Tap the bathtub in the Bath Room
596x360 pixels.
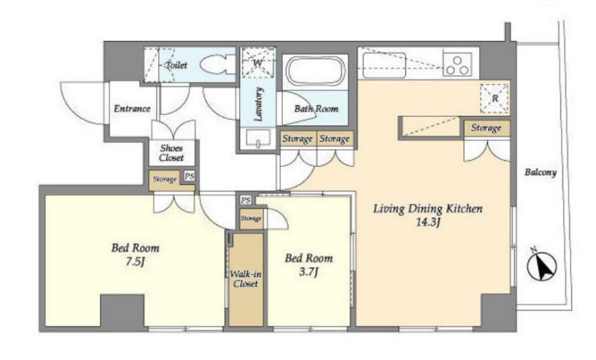[315, 72]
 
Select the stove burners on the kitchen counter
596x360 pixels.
[457, 65]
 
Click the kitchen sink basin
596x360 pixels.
[384, 66]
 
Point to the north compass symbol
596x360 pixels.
[541, 265]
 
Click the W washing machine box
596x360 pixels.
[258, 63]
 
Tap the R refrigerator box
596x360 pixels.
[495, 98]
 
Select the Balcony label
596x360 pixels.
[541, 172]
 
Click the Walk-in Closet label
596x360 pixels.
[246, 279]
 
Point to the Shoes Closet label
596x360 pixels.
[171, 153]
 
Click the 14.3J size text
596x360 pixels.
[428, 222]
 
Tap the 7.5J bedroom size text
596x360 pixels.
[135, 262]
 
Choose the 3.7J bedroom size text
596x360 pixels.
[308, 272]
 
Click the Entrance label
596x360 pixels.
[132, 109]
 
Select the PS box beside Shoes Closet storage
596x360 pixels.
[189, 176]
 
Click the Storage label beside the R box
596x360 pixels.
[486, 128]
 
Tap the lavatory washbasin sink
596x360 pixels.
[258, 138]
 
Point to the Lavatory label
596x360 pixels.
[259, 104]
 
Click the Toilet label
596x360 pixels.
[176, 65]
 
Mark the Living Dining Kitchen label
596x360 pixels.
[428, 209]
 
